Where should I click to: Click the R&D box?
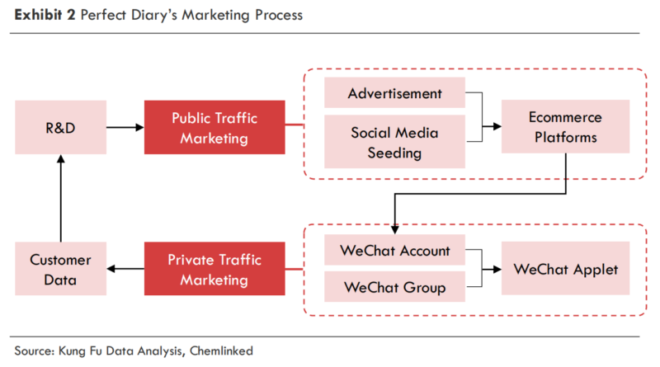[x=60, y=127]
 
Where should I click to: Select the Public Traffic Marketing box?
[x=214, y=127]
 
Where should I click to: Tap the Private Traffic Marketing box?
[x=214, y=269]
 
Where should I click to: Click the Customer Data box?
[x=60, y=269]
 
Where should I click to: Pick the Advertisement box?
[x=394, y=92]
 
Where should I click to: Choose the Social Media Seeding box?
[x=394, y=143]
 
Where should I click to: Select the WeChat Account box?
[x=394, y=251]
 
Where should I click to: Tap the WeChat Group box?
[x=394, y=287]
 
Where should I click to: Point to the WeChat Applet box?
[x=565, y=269]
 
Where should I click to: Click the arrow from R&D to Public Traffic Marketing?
[x=125, y=127]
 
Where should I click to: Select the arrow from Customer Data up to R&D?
[x=60, y=198]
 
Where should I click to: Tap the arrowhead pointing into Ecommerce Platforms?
[x=497, y=127]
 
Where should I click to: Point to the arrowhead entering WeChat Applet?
[x=497, y=269]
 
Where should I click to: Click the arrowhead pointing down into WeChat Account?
[x=394, y=230]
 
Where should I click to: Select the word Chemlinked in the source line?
[x=221, y=350]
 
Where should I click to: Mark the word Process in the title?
[x=276, y=15]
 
